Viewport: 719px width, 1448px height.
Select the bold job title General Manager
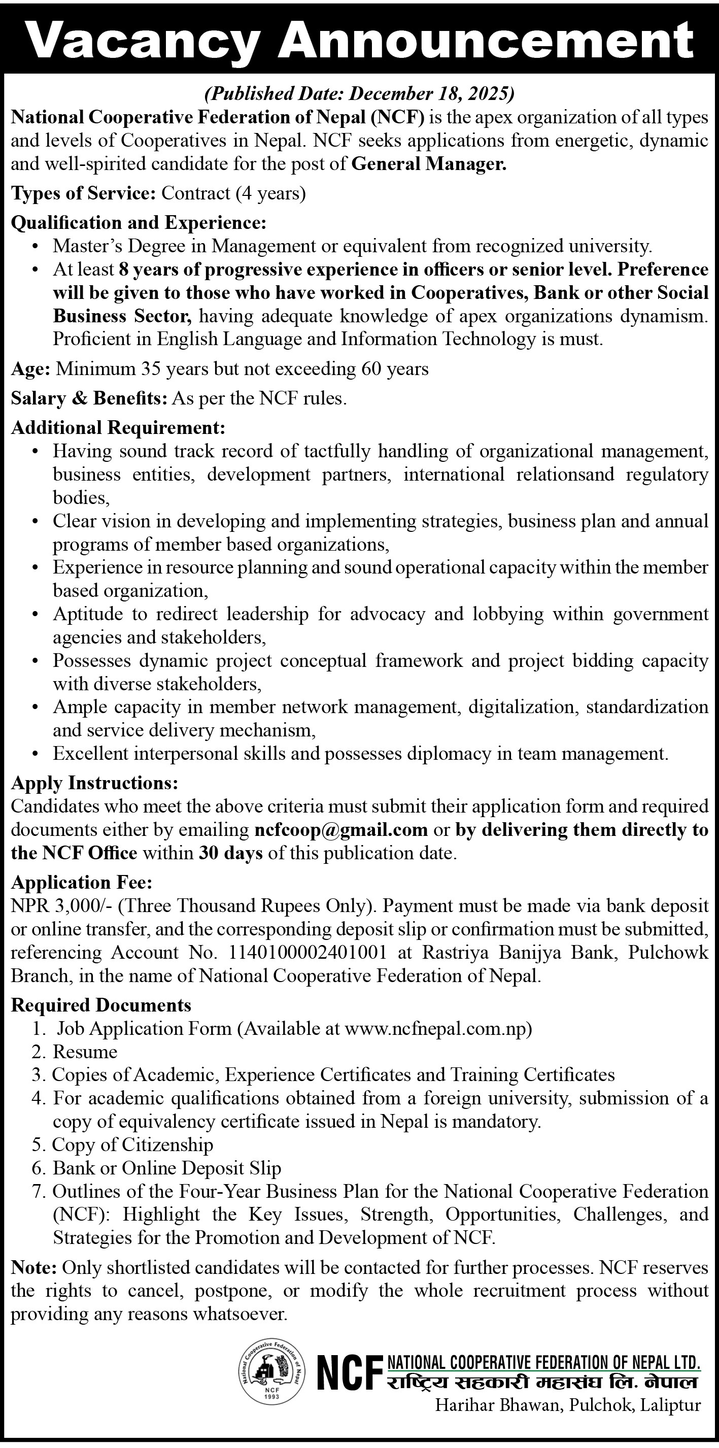pyautogui.click(x=429, y=164)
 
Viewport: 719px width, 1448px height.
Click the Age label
pyautogui.click(x=30, y=369)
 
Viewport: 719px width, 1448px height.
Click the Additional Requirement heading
pyautogui.click(x=118, y=428)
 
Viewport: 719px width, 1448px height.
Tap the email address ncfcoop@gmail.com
pyautogui.click(x=341, y=830)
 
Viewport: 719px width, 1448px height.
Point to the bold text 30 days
pyautogui.click(x=230, y=853)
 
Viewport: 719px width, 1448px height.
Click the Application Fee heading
pyautogui.click(x=82, y=883)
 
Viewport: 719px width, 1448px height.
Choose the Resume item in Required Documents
pyautogui.click(x=85, y=1052)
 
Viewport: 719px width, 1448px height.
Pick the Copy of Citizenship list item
pyautogui.click(x=132, y=1145)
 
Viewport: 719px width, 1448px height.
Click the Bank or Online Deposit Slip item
pyautogui.click(x=167, y=1169)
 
